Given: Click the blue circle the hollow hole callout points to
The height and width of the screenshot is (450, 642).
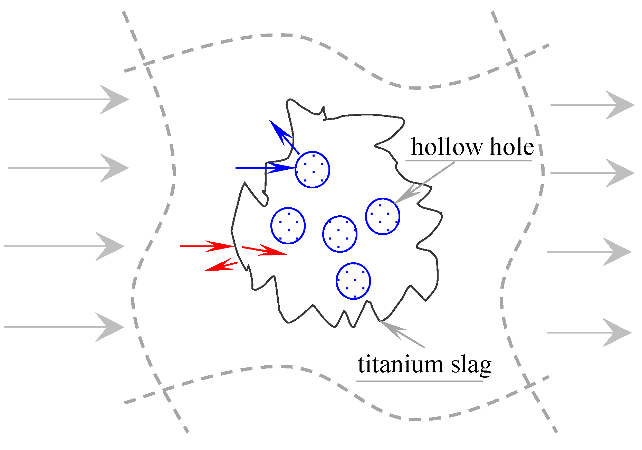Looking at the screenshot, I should (x=383, y=216).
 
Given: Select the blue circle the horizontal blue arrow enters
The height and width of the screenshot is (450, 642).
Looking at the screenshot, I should (x=313, y=170).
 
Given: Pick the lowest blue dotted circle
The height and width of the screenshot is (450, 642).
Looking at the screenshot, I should (x=353, y=281).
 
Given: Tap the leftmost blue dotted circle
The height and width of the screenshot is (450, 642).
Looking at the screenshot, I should (x=288, y=226).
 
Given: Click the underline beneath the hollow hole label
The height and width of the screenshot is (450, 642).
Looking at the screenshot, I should (x=468, y=160).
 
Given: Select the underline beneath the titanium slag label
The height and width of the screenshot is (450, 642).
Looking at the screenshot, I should (x=419, y=381).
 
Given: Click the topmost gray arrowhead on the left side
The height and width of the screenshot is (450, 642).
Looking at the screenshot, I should (x=114, y=100).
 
